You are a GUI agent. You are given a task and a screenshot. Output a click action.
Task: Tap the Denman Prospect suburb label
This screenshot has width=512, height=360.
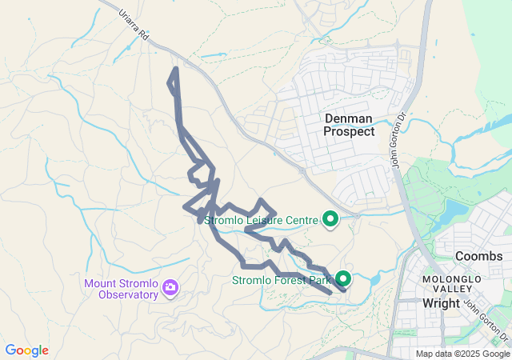[x=350, y=125]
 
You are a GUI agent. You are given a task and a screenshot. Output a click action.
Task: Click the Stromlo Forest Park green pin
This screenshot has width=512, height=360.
[x=343, y=278]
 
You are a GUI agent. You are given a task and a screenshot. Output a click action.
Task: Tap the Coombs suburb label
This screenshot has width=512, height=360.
[x=478, y=256]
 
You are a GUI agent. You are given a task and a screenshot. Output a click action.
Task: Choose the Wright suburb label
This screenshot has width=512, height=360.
[x=441, y=303]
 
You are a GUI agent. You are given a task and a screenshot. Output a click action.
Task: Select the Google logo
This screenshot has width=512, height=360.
[x=26, y=350]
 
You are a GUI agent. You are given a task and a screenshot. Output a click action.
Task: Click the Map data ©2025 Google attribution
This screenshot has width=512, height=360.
[x=462, y=354]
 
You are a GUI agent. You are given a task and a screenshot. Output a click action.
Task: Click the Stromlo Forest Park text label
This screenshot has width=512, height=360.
[x=281, y=281]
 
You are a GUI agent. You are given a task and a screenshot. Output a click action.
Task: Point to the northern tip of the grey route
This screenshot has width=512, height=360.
[x=175, y=69]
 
